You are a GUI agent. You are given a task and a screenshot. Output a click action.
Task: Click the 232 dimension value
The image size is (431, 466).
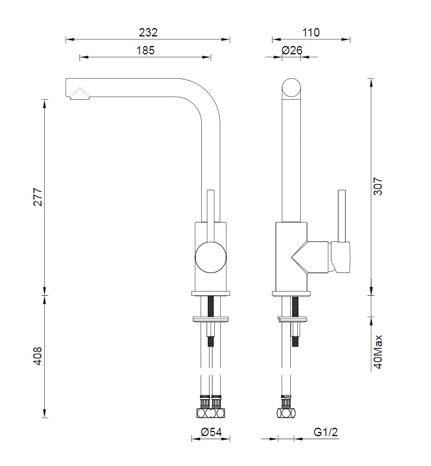click(x=147, y=32)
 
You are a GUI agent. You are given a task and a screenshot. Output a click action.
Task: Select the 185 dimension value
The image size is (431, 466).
click(x=145, y=50)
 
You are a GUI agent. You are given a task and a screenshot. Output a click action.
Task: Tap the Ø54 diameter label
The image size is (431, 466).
click(x=211, y=432)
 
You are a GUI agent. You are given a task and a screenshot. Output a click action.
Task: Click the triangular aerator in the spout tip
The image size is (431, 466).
click(x=78, y=93)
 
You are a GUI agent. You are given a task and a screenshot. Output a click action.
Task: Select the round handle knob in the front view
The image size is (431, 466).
click(x=211, y=259)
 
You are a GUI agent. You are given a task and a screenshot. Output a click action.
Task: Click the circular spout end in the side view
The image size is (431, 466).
click(x=292, y=88)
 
